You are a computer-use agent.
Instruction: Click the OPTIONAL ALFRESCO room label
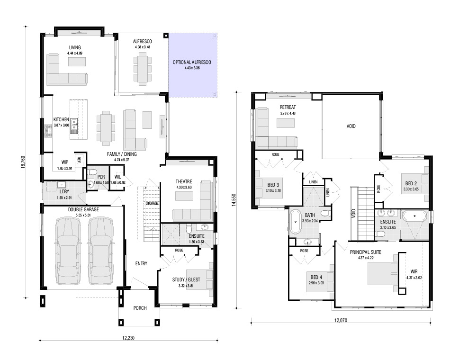(x=192, y=62)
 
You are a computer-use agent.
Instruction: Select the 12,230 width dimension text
(x=128, y=338)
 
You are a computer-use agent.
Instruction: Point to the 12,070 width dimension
(x=341, y=320)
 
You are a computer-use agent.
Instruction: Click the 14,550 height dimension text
(x=234, y=200)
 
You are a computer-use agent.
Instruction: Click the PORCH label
(x=140, y=308)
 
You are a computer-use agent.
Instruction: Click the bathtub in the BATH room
(x=295, y=222)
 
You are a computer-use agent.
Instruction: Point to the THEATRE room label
(x=184, y=181)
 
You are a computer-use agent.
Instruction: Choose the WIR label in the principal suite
(x=414, y=271)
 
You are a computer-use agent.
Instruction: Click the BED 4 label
(x=316, y=277)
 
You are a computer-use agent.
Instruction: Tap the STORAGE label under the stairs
(x=152, y=203)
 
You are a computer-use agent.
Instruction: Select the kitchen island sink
(x=74, y=126)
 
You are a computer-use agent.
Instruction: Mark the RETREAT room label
(x=288, y=107)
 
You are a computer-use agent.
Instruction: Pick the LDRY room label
(x=64, y=192)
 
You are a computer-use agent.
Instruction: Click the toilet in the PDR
(x=92, y=172)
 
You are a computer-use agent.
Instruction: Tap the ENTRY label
(x=141, y=263)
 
